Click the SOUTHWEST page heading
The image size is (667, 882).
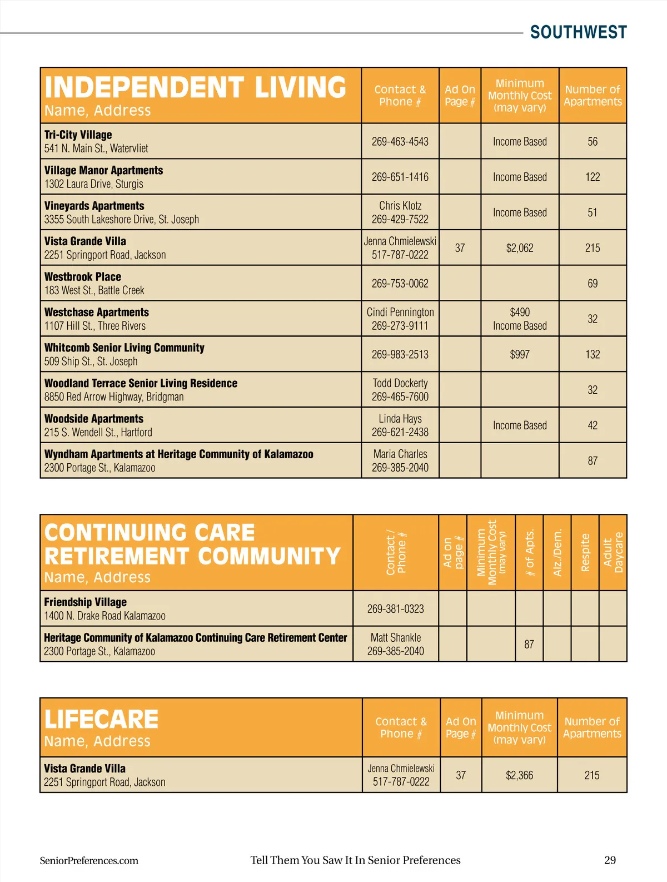(x=578, y=32)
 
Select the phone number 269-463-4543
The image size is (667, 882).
(x=400, y=142)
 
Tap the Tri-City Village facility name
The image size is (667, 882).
(x=78, y=135)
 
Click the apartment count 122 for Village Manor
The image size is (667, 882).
(x=593, y=177)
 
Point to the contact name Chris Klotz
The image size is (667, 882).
(x=400, y=206)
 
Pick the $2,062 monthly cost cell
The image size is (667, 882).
(x=520, y=248)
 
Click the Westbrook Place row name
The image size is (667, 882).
(x=83, y=277)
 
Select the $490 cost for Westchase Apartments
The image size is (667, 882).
(x=520, y=313)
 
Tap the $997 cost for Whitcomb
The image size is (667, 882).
(x=520, y=355)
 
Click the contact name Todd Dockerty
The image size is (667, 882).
(x=400, y=383)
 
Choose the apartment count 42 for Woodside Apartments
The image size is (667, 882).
(x=593, y=425)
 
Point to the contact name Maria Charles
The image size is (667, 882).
(x=400, y=454)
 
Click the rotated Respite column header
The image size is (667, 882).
(x=585, y=552)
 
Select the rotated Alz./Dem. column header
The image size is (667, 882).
(x=558, y=552)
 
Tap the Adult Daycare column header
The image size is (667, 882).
(x=613, y=552)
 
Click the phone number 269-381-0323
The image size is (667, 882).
(x=395, y=609)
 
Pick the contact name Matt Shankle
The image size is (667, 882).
(x=396, y=638)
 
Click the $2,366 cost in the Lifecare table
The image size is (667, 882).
(x=519, y=775)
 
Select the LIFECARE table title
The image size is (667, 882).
(x=102, y=720)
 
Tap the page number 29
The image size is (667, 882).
(x=610, y=860)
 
